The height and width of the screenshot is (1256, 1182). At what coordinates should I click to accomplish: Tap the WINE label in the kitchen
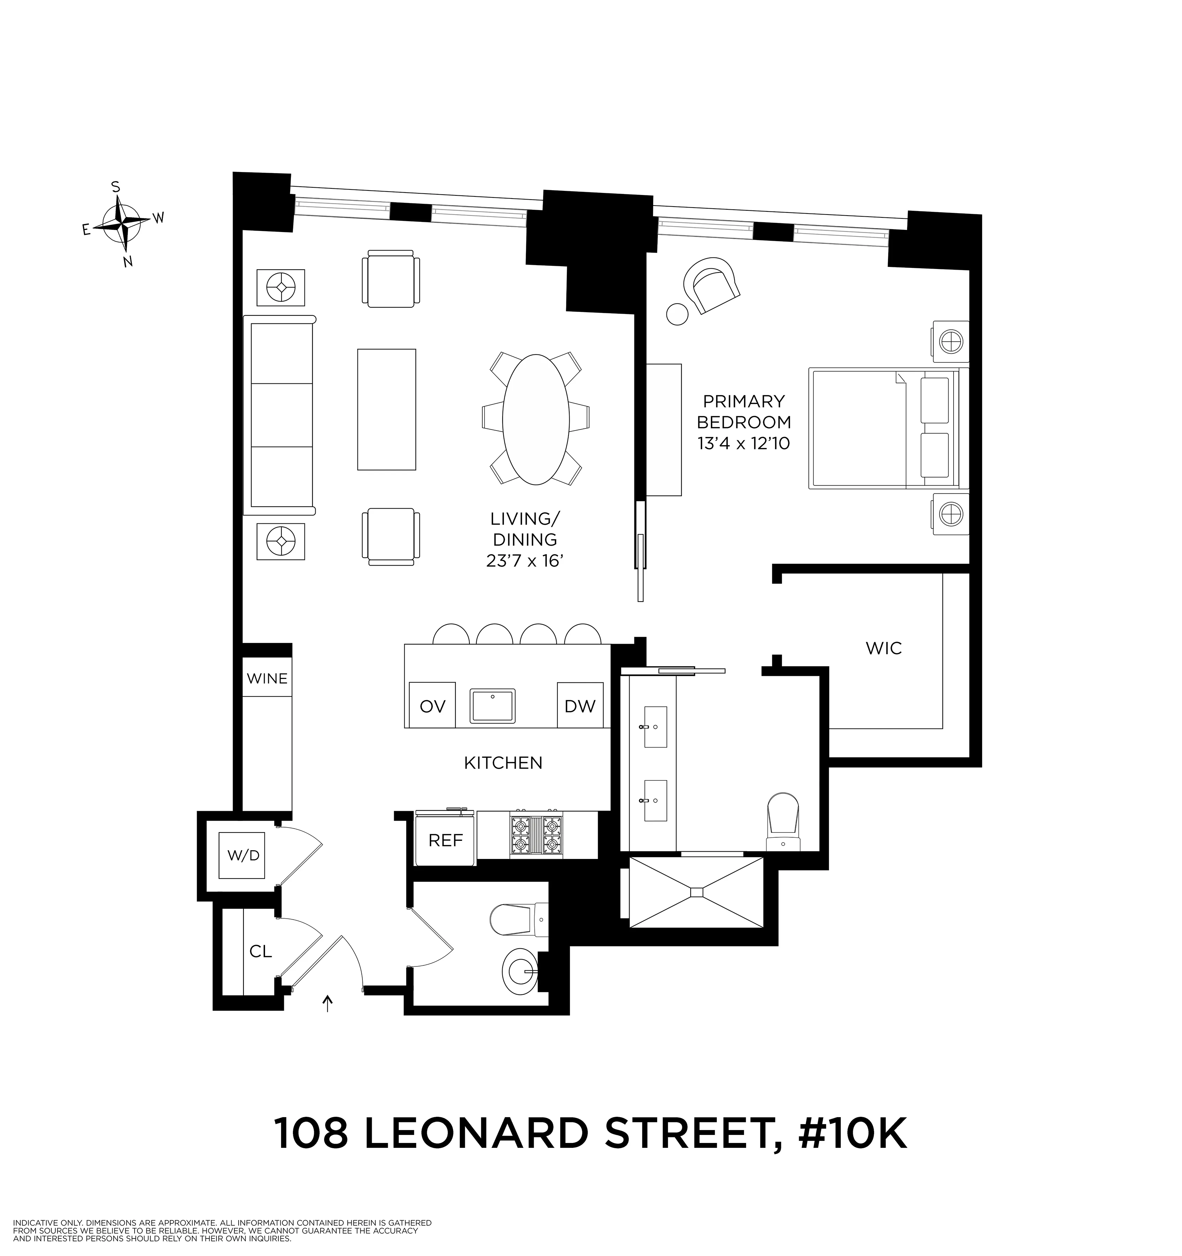pyautogui.click(x=267, y=679)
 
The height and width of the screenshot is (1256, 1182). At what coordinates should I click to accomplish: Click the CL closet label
pyautogui.click(x=260, y=951)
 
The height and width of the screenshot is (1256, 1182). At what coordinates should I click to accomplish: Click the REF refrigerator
pyautogui.click(x=445, y=840)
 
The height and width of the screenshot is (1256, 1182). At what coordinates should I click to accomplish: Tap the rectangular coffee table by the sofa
pyautogui.click(x=387, y=409)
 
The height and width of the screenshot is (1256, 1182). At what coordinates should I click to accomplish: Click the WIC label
pyautogui.click(x=884, y=648)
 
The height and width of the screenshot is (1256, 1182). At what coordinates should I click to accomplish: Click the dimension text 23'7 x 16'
pyautogui.click(x=524, y=561)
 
